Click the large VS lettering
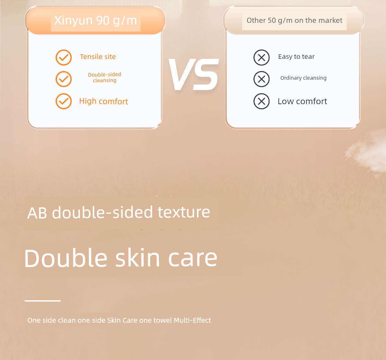[194, 74]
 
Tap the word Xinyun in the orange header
[73, 21]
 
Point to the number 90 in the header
[103, 20]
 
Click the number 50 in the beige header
[272, 20]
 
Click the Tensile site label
[98, 57]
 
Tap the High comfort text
[103, 101]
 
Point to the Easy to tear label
[296, 57]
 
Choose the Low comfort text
[302, 101]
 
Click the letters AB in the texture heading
[37, 213]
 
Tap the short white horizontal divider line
[42, 301]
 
